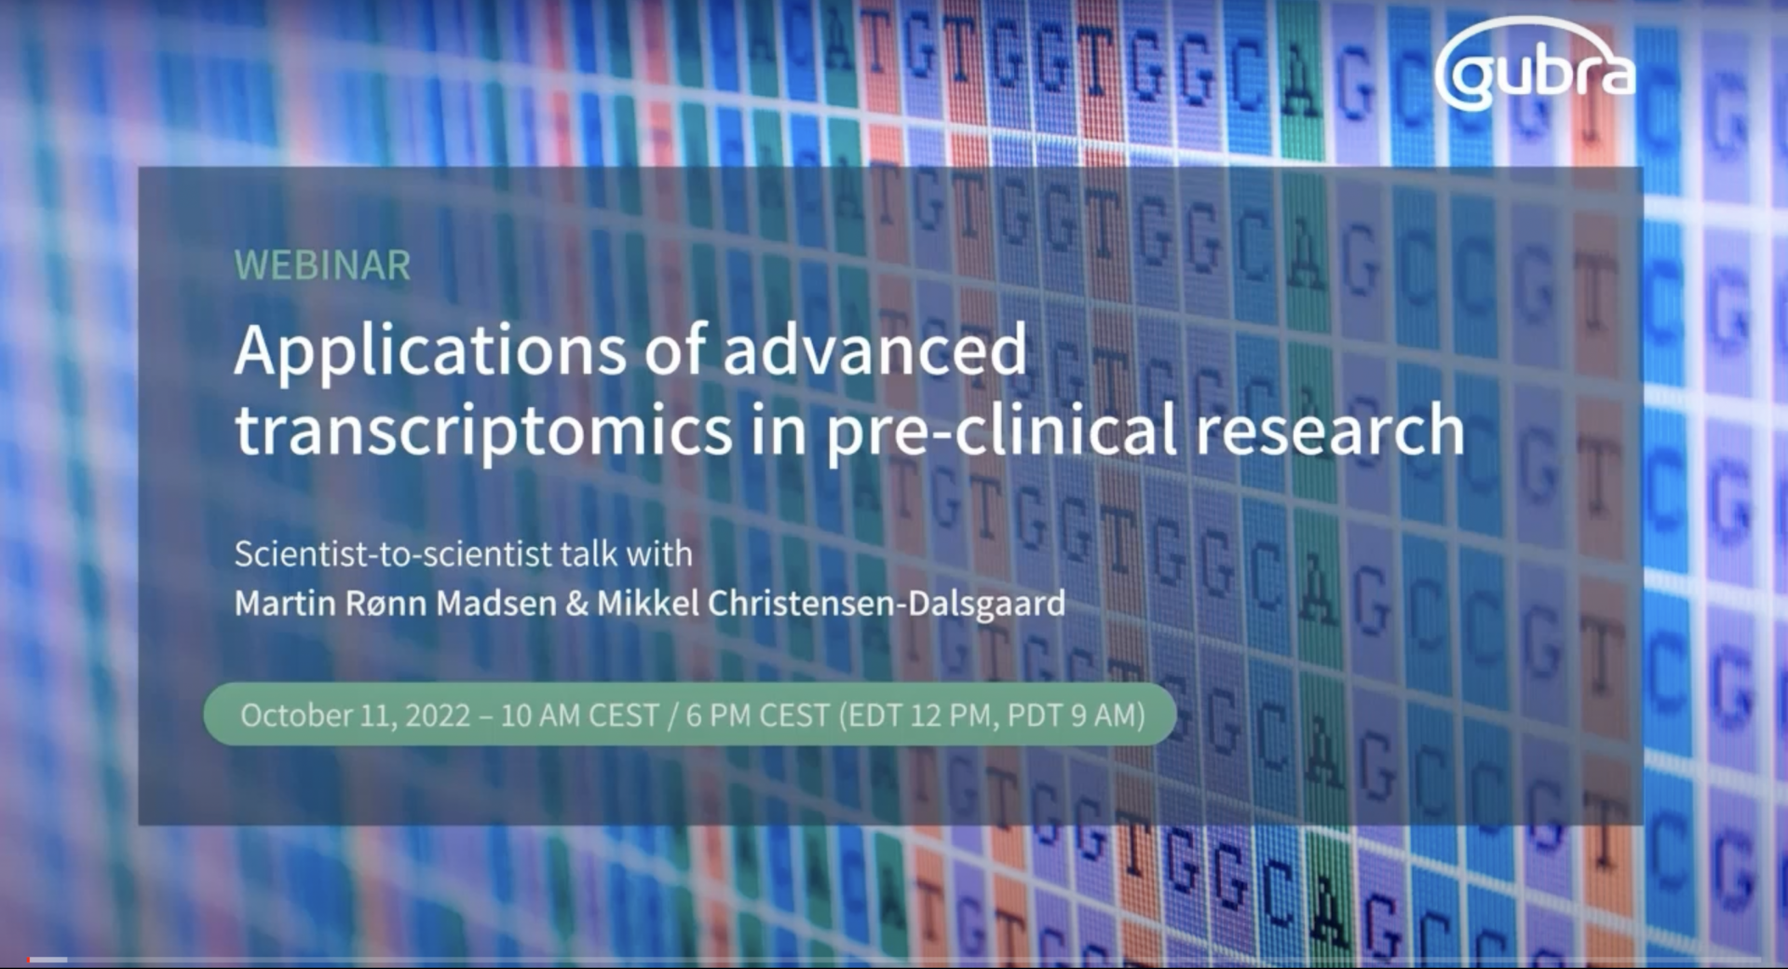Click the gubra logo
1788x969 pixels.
1535,67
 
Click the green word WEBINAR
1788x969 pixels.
322,266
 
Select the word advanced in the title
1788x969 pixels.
874,349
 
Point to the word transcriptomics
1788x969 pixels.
483,430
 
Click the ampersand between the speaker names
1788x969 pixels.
576,604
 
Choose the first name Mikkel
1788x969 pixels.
648,604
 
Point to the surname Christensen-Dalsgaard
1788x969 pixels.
887,605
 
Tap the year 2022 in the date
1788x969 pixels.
438,716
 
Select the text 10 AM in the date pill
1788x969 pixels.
540,716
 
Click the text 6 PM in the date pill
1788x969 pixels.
718,716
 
